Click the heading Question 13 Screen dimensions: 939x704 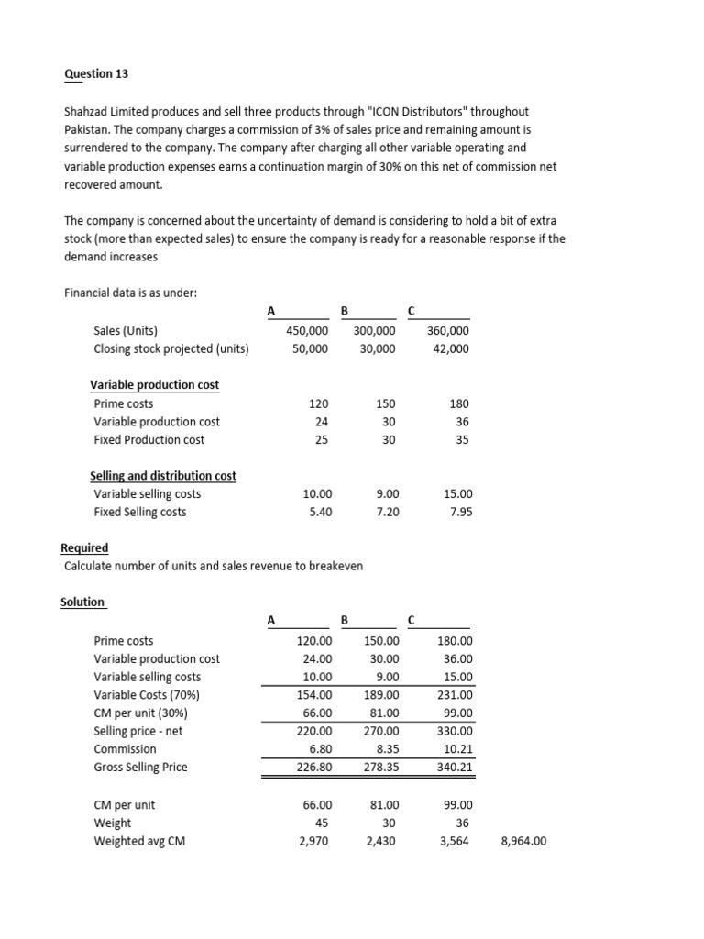coord(88,73)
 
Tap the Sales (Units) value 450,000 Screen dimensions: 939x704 coord(306,331)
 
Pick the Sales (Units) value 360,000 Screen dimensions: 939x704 coord(448,331)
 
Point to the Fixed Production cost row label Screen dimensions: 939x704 coord(149,439)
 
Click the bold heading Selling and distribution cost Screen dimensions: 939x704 coord(162,476)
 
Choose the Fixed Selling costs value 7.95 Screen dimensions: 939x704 coord(461,512)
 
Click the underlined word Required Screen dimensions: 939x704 coord(84,547)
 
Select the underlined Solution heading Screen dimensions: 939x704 coord(82,602)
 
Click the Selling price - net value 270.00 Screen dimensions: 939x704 coord(380,731)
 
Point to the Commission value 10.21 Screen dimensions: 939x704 coord(457,749)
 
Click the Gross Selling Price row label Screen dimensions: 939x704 coord(140,767)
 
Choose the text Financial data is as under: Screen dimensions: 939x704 coord(130,293)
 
